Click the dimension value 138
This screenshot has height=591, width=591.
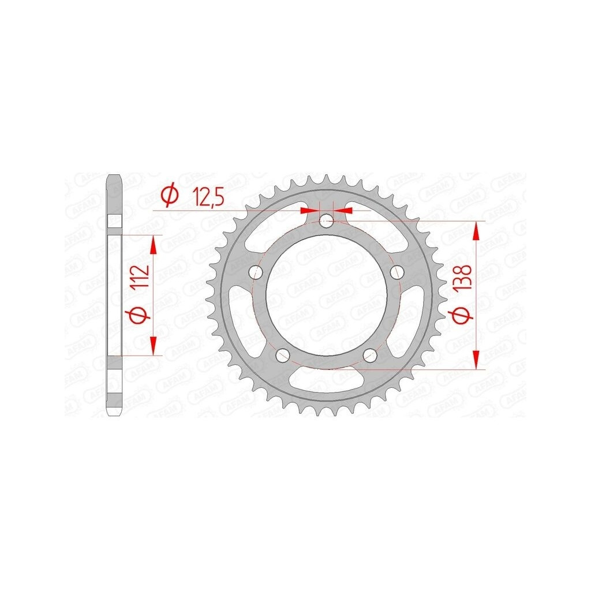pos(463,278)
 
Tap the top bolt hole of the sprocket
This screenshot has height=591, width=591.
pos(327,221)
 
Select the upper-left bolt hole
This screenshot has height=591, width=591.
pos(256,271)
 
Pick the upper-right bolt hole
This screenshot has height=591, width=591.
pos(397,271)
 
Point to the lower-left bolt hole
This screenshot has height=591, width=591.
pos(283,354)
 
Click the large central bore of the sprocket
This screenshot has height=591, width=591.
pos(327,295)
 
